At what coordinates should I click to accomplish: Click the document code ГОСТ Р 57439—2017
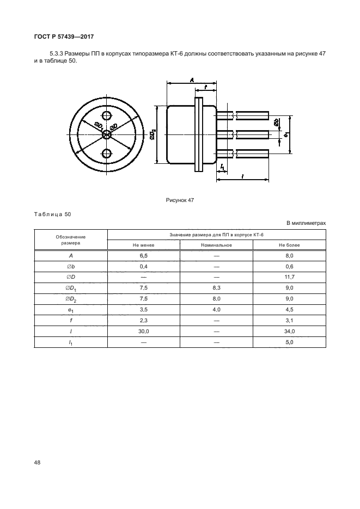(x=64, y=36)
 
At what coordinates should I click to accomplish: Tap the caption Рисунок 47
(x=180, y=200)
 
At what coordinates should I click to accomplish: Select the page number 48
(x=38, y=462)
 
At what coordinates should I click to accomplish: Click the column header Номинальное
(x=216, y=245)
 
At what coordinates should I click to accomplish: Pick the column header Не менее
(x=143, y=245)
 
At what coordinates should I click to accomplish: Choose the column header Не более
(x=289, y=245)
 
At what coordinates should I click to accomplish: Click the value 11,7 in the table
(x=289, y=277)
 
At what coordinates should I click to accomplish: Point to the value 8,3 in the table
(x=217, y=288)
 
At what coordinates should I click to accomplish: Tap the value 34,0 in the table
(x=289, y=332)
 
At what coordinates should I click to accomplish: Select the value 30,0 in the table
(x=143, y=332)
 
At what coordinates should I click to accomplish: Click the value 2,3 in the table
(x=143, y=321)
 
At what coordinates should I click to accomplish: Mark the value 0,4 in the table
(x=143, y=267)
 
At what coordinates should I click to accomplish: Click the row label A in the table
(x=71, y=256)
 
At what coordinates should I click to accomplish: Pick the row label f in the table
(x=71, y=321)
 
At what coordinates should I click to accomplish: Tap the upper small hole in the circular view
(x=106, y=115)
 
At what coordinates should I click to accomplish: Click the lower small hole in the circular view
(x=106, y=153)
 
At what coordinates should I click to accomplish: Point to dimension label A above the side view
(x=192, y=79)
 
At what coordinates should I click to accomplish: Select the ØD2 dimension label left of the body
(x=152, y=134)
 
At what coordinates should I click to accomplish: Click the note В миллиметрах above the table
(x=306, y=223)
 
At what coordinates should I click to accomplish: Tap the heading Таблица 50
(x=52, y=214)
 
